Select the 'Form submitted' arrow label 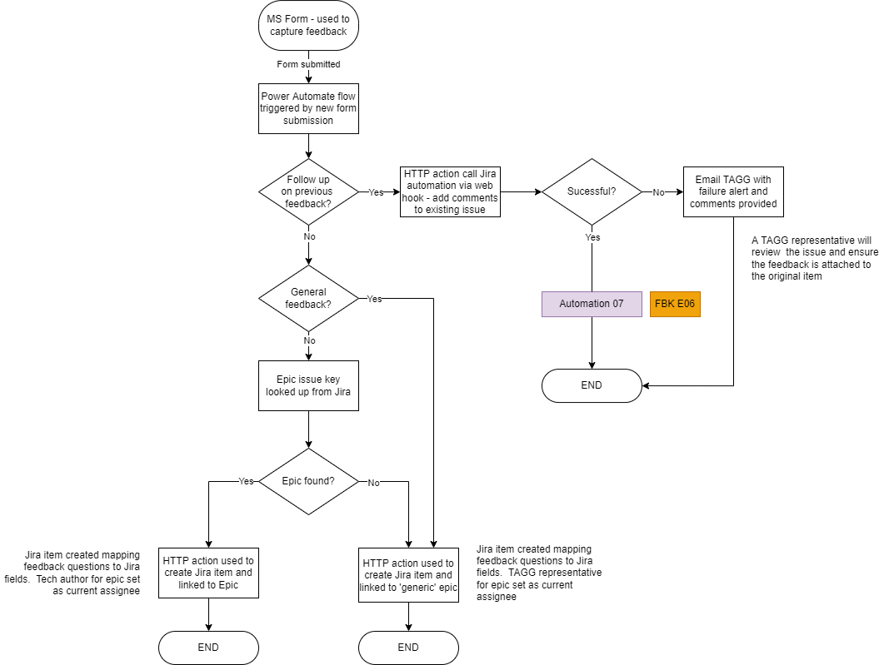click(308, 64)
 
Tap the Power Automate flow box click(308, 108)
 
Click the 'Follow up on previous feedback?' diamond click(308, 191)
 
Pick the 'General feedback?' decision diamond click(308, 298)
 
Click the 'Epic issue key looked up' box click(308, 385)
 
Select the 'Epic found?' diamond click(308, 481)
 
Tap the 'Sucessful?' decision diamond click(592, 191)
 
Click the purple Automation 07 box click(592, 304)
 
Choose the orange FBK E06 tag click(675, 304)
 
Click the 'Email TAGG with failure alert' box click(733, 191)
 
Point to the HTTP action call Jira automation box click(450, 191)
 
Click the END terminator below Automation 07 click(592, 385)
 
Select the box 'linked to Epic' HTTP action click(208, 573)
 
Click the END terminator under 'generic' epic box click(408, 648)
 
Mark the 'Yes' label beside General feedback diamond click(375, 299)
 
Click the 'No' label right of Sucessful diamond click(658, 192)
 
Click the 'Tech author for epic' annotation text click(81, 573)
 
